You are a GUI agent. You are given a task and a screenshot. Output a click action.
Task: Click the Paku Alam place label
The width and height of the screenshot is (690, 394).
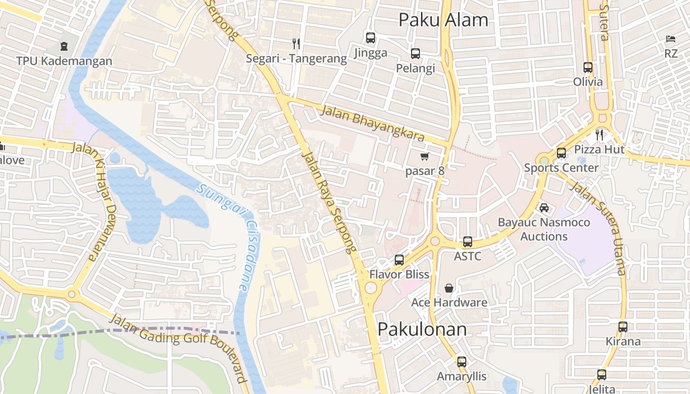click(x=443, y=20)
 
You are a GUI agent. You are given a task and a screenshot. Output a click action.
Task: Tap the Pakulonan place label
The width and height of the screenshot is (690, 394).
click(x=422, y=329)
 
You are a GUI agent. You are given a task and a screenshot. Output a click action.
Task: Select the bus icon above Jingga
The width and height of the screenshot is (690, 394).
click(x=370, y=37)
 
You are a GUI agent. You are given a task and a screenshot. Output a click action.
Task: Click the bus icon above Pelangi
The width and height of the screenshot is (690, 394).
click(x=415, y=53)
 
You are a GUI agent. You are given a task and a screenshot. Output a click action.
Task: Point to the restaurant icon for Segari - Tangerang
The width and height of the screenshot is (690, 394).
click(x=296, y=43)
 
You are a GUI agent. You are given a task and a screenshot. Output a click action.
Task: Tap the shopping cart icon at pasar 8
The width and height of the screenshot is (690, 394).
click(x=424, y=156)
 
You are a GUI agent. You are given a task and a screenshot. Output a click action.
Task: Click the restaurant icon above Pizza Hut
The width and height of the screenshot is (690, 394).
click(x=599, y=134)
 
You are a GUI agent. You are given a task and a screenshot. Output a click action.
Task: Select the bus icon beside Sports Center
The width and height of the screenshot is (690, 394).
click(x=561, y=153)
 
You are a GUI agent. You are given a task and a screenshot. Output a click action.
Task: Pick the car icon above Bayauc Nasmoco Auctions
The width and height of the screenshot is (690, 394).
click(x=544, y=207)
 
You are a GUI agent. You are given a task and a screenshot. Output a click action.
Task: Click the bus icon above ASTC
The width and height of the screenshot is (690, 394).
click(x=467, y=242)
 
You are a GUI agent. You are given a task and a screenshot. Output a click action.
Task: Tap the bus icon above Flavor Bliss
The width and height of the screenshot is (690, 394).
click(x=399, y=260)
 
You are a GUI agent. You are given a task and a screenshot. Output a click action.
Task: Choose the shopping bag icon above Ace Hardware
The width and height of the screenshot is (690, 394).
click(x=449, y=288)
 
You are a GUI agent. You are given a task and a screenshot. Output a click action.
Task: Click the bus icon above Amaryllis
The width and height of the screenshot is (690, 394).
click(x=461, y=361)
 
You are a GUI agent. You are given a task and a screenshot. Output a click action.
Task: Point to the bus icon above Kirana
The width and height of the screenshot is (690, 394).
click(x=623, y=327)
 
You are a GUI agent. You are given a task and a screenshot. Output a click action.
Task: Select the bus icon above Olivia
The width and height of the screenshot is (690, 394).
click(x=587, y=67)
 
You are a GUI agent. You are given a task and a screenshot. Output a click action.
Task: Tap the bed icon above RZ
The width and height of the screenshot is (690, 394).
click(x=671, y=38)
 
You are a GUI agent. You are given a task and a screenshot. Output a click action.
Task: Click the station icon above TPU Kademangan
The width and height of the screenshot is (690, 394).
click(x=64, y=46)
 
